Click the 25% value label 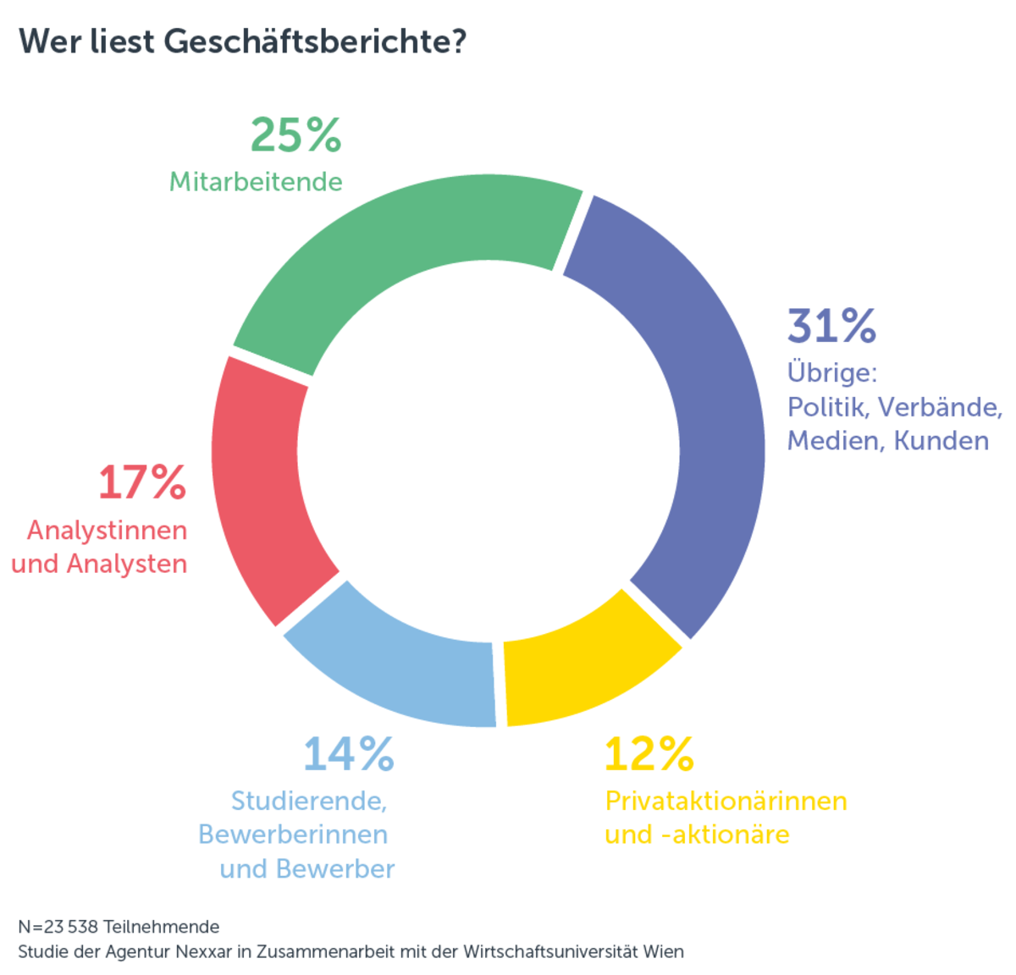coord(295,135)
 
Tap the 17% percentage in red coord(141,483)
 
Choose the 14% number coord(348,754)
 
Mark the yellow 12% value coord(649,753)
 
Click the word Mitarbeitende coord(256,182)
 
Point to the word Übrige coord(831,373)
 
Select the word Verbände coord(940,407)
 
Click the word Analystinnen coord(107,531)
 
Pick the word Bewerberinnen coord(293,835)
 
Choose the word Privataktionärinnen coord(726,801)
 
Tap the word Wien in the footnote coord(665,951)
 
